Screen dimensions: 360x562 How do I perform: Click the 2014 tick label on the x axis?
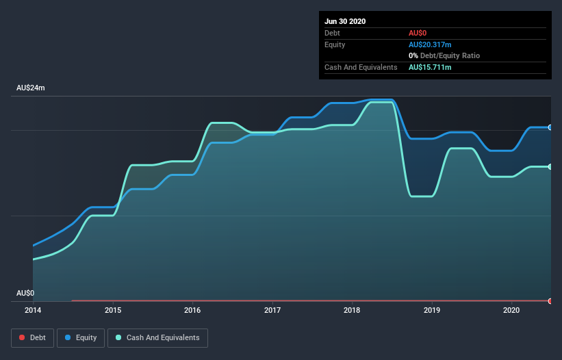click(x=33, y=310)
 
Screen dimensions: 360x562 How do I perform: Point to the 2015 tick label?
click(x=113, y=310)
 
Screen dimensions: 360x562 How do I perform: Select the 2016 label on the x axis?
click(x=193, y=310)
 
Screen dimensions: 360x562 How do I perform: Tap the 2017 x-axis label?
click(x=272, y=310)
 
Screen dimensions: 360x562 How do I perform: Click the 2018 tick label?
click(x=353, y=310)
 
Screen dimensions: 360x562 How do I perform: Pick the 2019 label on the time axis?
click(x=432, y=310)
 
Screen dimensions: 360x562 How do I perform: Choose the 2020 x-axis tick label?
click(x=511, y=310)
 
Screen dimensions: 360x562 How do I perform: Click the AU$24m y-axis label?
click(x=31, y=88)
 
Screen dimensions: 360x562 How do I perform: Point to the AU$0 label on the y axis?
click(x=25, y=293)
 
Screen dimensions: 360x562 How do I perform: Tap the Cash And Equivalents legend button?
click(x=157, y=337)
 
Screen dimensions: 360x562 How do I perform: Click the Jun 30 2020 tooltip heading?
click(x=345, y=21)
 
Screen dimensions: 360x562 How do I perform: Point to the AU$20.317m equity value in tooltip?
click(x=430, y=44)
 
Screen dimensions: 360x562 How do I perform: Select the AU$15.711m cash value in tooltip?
click(x=430, y=67)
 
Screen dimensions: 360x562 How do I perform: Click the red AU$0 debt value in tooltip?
click(x=419, y=33)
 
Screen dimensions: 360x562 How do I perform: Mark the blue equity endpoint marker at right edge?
click(x=550, y=127)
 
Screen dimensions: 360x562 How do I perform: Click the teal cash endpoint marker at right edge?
click(x=550, y=166)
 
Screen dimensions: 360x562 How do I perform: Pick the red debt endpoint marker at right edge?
click(x=550, y=300)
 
